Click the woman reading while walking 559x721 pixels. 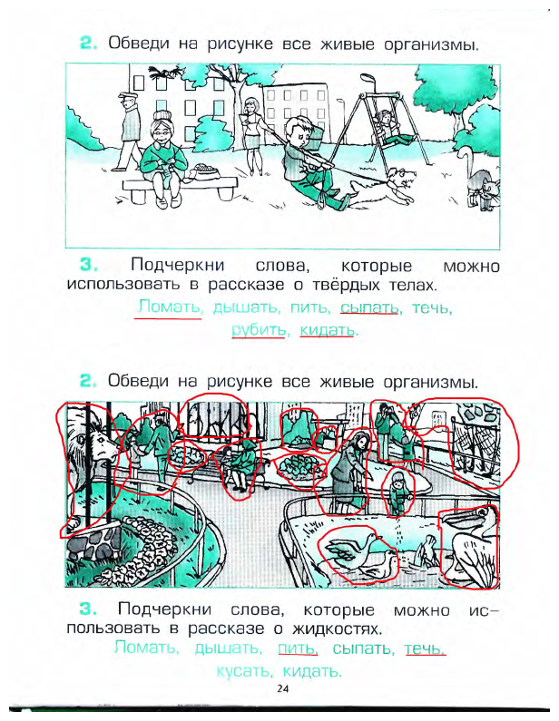[250, 127]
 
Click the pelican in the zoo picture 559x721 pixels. [472, 544]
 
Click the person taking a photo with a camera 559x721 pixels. [386, 426]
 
